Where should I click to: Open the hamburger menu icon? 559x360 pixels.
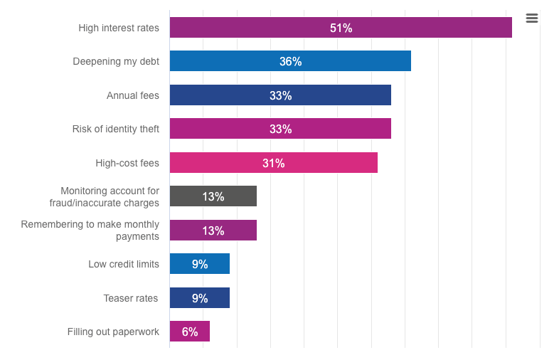[532, 18]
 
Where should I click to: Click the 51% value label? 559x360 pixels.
[341, 28]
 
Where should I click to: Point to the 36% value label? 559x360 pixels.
[290, 62]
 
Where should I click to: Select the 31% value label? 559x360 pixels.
[273, 163]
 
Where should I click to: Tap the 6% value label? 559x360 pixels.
[190, 332]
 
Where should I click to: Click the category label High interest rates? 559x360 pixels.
[119, 28]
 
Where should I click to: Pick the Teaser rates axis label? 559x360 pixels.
[131, 298]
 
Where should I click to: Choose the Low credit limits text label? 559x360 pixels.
[124, 264]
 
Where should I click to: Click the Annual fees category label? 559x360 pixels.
[133, 95]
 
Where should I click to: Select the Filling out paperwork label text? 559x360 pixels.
[113, 332]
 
